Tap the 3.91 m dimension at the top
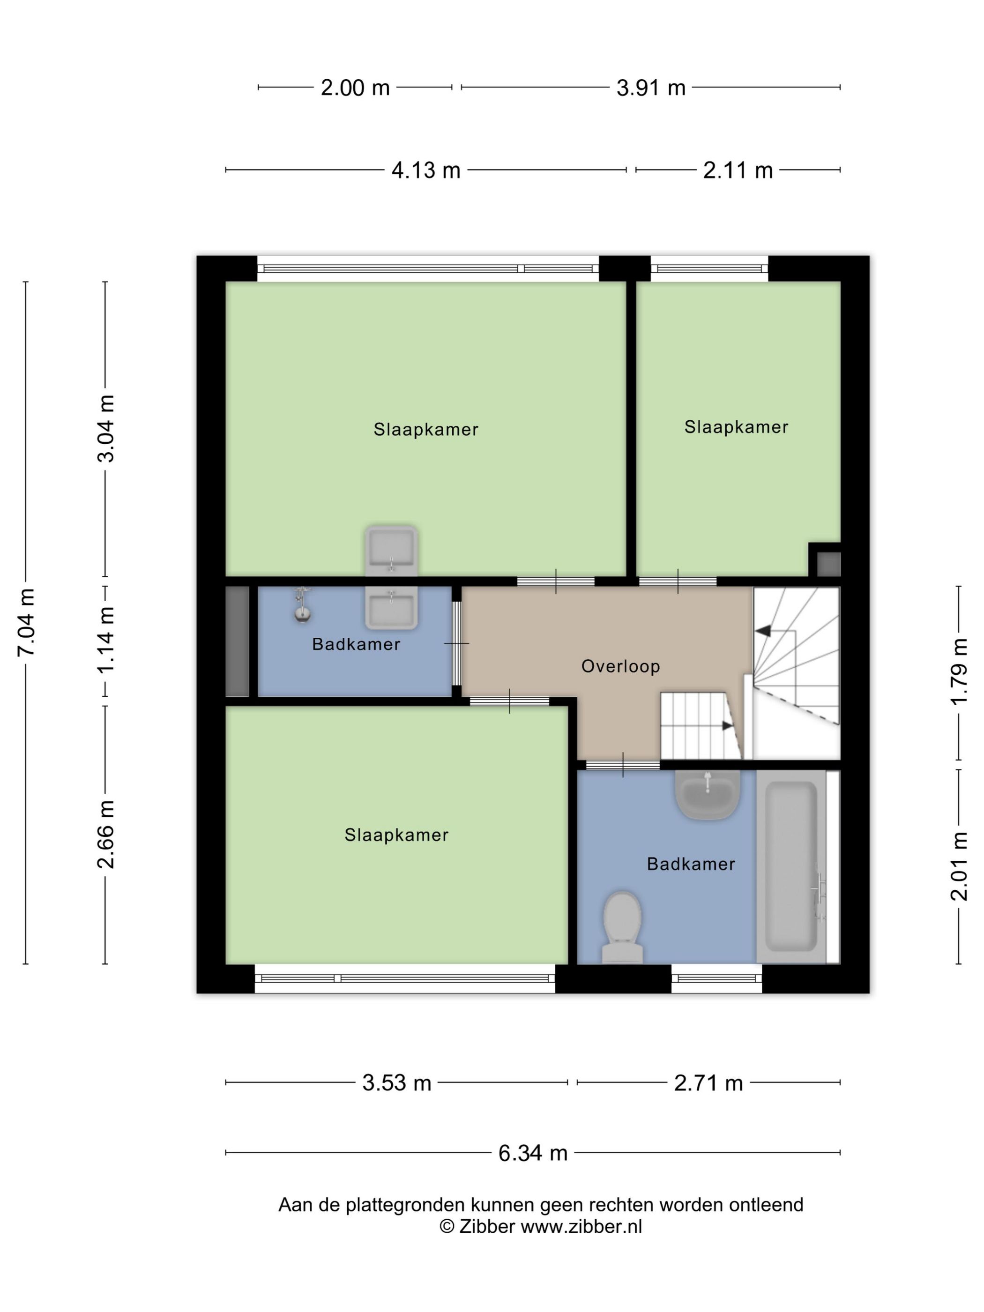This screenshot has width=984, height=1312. pyautogui.click(x=651, y=88)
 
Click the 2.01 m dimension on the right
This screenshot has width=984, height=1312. pyautogui.click(x=959, y=866)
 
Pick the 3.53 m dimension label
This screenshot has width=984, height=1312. pyautogui.click(x=396, y=1083)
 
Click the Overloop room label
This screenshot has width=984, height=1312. pyautogui.click(x=620, y=666)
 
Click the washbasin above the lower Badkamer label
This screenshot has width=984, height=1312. pyautogui.click(x=707, y=795)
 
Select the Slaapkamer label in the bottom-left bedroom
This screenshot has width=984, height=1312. pyautogui.click(x=396, y=835)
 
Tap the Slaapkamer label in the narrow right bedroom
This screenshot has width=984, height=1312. pyautogui.click(x=736, y=427)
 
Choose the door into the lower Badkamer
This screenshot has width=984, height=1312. pyautogui.click(x=623, y=765)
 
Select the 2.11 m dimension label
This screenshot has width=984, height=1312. pyautogui.click(x=738, y=171)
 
